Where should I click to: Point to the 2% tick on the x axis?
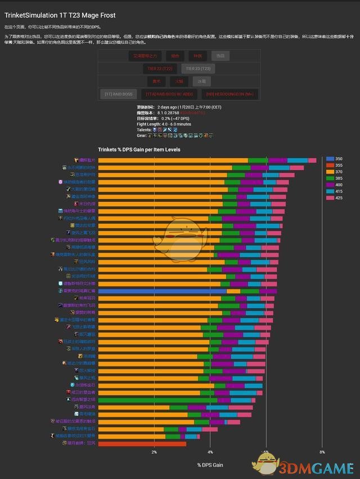154,452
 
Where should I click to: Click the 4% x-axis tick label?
210,452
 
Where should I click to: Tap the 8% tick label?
322,452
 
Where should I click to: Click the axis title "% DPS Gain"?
210,465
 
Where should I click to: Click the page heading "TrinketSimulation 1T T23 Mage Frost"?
60,16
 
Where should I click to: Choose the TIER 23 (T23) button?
198,69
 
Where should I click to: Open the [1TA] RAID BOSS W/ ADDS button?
170,94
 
